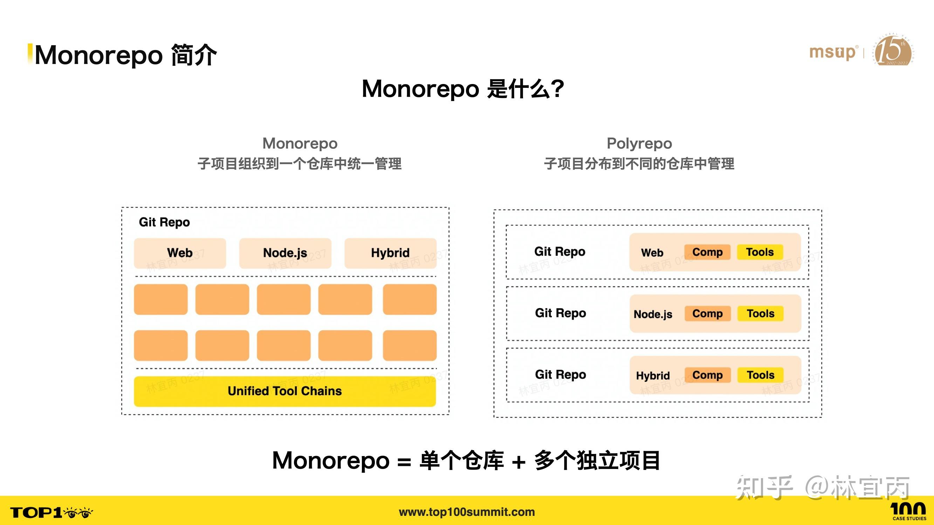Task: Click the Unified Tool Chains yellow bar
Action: (x=284, y=391)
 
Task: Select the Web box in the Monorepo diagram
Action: (x=180, y=253)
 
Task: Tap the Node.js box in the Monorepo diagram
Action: (x=285, y=253)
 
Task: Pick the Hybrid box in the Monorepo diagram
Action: (x=390, y=253)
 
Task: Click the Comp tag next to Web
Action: (x=707, y=252)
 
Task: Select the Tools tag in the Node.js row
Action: (x=760, y=313)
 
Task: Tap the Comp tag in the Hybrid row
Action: (x=707, y=375)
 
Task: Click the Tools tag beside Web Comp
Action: (x=760, y=252)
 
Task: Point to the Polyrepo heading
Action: (x=639, y=143)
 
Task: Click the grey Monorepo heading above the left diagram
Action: (x=300, y=143)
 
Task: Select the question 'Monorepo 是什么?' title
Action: (x=463, y=89)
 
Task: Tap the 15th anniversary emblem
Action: (x=894, y=51)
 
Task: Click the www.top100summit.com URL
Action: (x=467, y=512)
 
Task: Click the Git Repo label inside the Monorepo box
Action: (x=164, y=222)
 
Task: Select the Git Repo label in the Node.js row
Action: (x=560, y=313)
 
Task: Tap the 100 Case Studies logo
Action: (x=909, y=511)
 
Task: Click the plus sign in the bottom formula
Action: (x=518, y=462)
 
